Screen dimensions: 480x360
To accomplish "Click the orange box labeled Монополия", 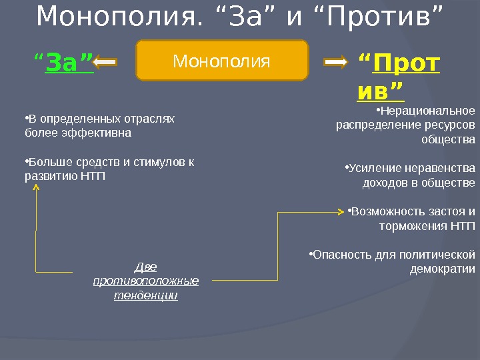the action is coord(222,61).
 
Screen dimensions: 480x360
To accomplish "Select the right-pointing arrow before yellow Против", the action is coord(336,63).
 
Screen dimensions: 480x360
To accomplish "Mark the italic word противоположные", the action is coord(146,281).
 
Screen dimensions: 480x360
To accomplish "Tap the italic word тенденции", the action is coord(146,295).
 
